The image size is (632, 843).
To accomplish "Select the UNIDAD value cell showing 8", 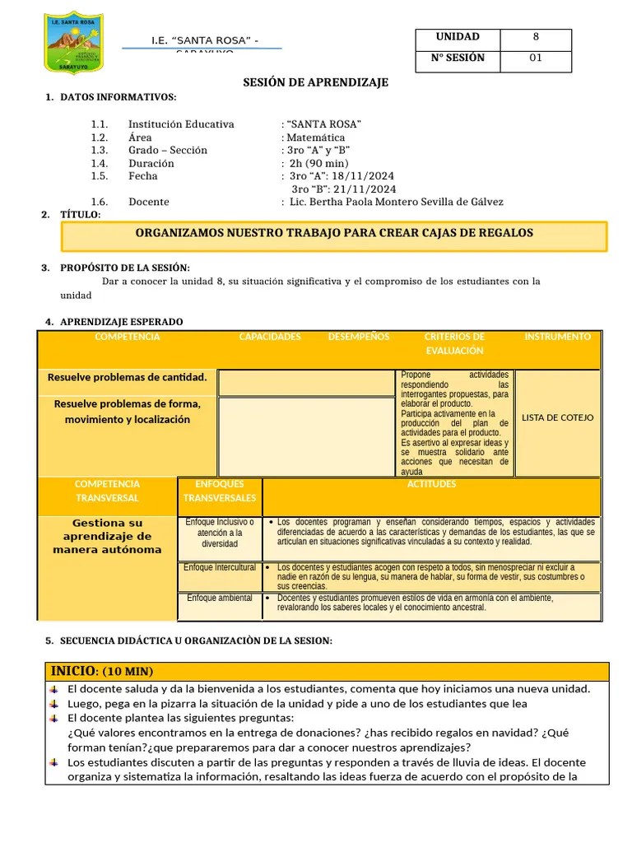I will click(536, 37).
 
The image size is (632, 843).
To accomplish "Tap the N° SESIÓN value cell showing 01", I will click(536, 58).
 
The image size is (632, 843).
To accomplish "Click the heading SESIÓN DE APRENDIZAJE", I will click(315, 82).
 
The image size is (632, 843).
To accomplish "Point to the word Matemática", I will click(315, 137).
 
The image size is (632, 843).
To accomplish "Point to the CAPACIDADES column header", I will click(270, 337).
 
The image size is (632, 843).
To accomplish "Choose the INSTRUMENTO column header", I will click(557, 337).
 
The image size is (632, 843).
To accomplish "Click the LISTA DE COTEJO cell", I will click(557, 417).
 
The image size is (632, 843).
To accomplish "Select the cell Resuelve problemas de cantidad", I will click(127, 377).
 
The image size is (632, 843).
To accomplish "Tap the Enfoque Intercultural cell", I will click(220, 567).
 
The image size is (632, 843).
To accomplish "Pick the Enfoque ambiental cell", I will click(220, 598).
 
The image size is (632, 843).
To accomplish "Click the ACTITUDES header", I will click(431, 484).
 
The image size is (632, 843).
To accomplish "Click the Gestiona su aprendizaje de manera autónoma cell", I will click(107, 536).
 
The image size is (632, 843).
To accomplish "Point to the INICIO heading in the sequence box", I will click(102, 672).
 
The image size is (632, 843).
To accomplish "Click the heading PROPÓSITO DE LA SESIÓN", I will click(125, 268).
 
